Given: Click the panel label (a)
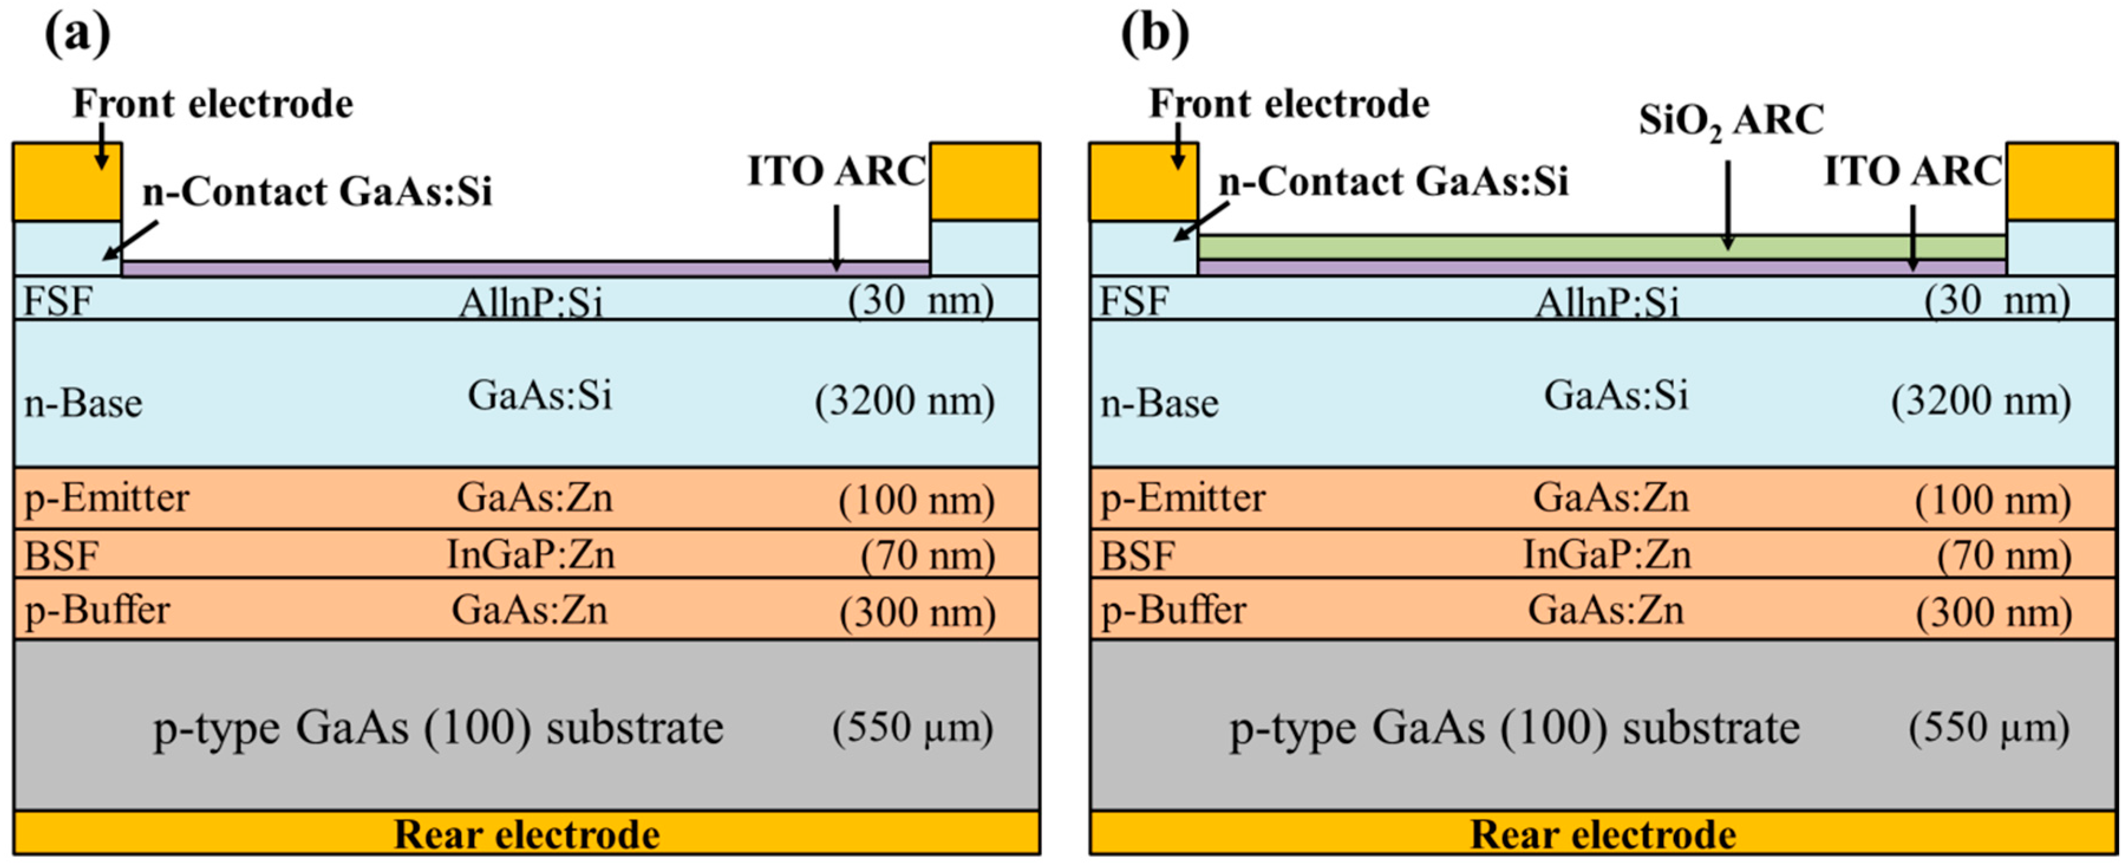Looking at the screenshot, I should click(x=77, y=35).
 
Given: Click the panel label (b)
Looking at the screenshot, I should click(x=1155, y=35).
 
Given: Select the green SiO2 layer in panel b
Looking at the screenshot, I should click(x=1600, y=247).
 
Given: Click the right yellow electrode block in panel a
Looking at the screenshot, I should click(x=985, y=181).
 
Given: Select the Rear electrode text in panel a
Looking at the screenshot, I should click(x=526, y=834).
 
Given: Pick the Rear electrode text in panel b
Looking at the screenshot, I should click(x=1603, y=834).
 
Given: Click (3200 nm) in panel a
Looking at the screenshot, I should click(x=904, y=402).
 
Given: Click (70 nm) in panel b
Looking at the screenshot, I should click(x=2004, y=555).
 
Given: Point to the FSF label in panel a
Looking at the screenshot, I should click(x=58, y=300).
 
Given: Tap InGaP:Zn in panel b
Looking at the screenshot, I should click(x=1606, y=554).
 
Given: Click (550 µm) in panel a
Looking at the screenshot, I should click(x=912, y=728).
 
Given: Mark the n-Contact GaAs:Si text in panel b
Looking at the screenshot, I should click(x=1393, y=181).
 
